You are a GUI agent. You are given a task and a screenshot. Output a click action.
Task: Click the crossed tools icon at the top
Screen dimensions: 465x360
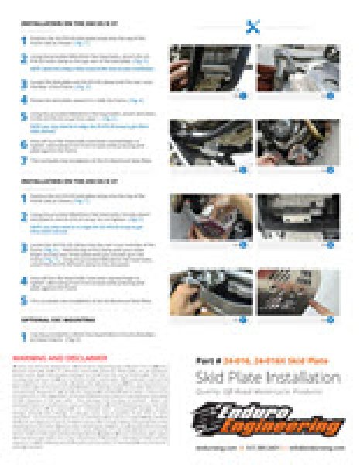click(252, 27)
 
